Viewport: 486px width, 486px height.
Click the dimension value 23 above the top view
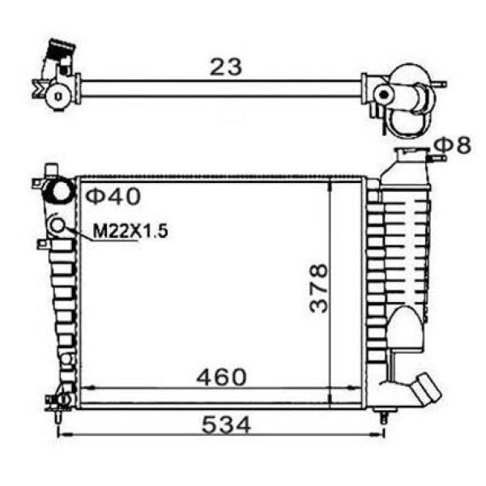point(225,67)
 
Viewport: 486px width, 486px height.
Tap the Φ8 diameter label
point(453,145)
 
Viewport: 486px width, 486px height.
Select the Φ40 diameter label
point(113,196)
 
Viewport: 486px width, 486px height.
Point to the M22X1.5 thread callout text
point(130,231)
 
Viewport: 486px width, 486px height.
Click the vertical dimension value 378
point(318,288)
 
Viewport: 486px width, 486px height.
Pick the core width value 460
point(222,377)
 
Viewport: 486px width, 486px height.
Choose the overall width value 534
point(226,424)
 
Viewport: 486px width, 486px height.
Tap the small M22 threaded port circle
point(58,224)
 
